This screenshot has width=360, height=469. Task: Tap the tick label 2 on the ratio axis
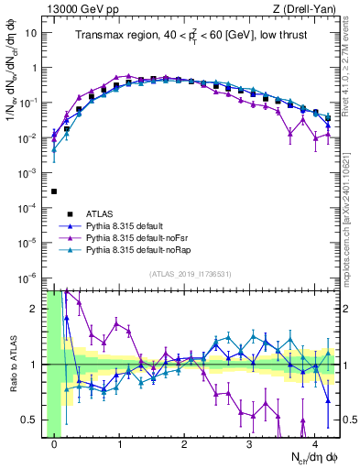point(35,309)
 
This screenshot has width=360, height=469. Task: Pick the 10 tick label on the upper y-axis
point(30,33)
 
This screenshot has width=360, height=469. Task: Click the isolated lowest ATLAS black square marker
point(55,191)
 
